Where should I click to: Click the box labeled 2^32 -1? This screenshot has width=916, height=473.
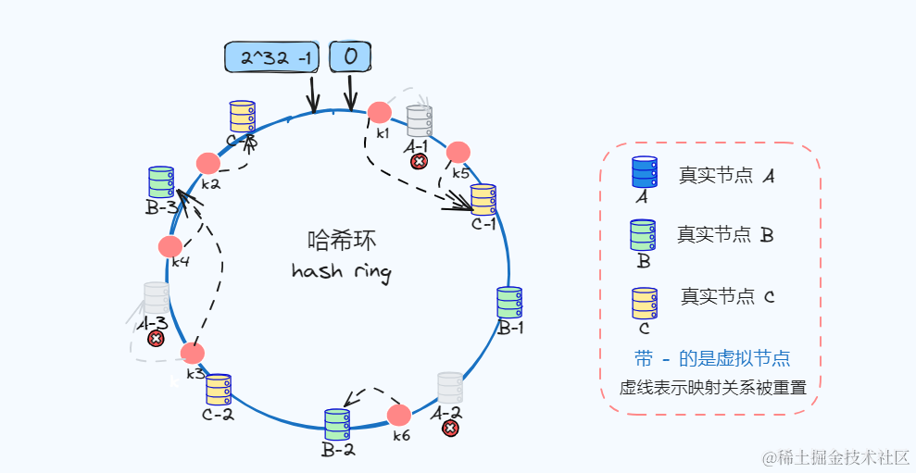point(273,57)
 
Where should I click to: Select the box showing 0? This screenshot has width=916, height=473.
point(350,57)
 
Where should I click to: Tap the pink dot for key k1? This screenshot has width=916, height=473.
point(379,112)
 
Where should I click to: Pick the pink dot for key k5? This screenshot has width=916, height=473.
point(458,152)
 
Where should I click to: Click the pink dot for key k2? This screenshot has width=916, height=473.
point(208,163)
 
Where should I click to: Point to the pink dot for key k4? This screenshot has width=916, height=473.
point(170,246)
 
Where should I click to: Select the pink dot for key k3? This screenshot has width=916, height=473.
point(193,353)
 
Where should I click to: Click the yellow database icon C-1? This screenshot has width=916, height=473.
point(483,199)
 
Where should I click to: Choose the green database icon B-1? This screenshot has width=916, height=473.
point(509,303)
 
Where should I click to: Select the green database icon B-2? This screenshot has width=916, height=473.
point(336,425)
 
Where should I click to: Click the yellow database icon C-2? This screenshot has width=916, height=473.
point(219,390)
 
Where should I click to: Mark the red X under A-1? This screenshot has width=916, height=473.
point(419,162)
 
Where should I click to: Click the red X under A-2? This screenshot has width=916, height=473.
point(450,428)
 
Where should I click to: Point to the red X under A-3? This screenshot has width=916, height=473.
point(157,339)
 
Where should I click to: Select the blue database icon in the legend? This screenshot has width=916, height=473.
point(644,172)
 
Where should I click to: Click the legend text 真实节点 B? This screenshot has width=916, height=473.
point(725,235)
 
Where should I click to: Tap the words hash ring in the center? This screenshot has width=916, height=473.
point(341,272)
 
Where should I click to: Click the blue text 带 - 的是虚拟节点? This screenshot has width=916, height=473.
point(712,358)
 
